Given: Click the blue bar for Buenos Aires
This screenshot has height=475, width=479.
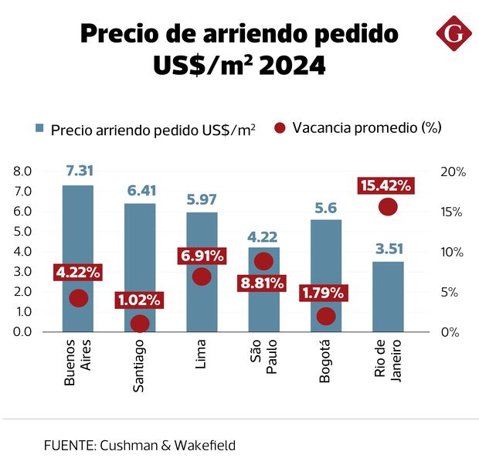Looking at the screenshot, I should (x=78, y=232).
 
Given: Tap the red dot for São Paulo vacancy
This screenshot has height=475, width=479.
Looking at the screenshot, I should (x=263, y=261).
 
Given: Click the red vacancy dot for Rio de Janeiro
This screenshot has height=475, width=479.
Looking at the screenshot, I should (x=388, y=207).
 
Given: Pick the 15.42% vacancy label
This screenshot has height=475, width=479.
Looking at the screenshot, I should (x=386, y=186).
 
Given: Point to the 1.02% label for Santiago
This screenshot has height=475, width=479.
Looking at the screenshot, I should (x=139, y=300).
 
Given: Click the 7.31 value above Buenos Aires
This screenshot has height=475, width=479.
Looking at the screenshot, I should (x=79, y=171).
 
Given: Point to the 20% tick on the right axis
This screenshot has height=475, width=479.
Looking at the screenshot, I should (x=453, y=171).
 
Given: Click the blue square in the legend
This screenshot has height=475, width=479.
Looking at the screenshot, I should (x=39, y=129).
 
